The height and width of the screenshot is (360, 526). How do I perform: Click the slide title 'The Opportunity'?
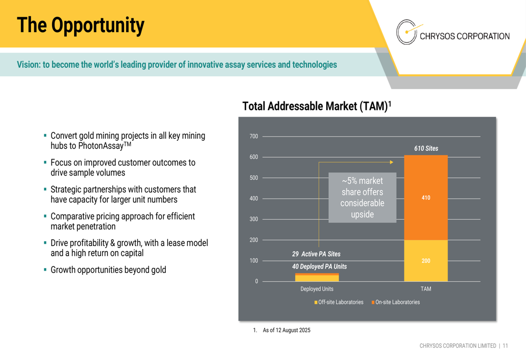pos(80,25)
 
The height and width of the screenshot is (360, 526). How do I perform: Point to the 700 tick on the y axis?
pos(254,137)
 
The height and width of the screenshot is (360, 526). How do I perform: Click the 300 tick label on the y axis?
pos(254,219)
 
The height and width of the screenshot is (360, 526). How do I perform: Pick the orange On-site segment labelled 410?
pos(426,198)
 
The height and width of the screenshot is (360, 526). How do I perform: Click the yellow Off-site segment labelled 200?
pos(426,261)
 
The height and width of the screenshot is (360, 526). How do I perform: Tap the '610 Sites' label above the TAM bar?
pos(426,149)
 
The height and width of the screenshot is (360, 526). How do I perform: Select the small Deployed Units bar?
pos(317,277)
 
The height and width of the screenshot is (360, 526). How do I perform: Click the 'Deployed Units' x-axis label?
pos(317,289)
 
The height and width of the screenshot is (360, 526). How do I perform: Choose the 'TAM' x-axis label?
pos(426,289)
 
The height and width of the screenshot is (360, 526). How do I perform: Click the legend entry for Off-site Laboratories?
pos(340,302)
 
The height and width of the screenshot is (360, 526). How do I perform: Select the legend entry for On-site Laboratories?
pos(397,302)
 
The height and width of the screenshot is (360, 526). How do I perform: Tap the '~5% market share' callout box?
pos(362,198)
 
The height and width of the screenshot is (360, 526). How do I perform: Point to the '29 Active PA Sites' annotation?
pos(316,254)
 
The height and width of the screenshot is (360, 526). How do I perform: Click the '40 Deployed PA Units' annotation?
pos(319,266)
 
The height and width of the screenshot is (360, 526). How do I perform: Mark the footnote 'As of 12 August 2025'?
pos(286,330)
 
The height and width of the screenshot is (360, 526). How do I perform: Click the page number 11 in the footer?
pos(505,346)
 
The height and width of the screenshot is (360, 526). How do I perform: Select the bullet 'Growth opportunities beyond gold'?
pos(108,270)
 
